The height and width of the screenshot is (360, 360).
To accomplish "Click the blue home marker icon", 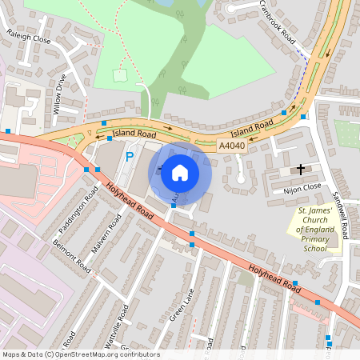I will click(x=180, y=171).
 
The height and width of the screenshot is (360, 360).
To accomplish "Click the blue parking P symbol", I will click(x=130, y=156).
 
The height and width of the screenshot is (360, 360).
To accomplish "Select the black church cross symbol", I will click(x=301, y=169).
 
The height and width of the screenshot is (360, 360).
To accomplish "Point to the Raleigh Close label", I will click(x=28, y=38).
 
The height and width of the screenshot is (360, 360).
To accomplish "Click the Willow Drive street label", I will click(x=61, y=94).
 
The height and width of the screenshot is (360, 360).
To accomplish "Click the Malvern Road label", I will click(x=105, y=238).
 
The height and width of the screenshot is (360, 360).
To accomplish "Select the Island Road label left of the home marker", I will click(x=134, y=133).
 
